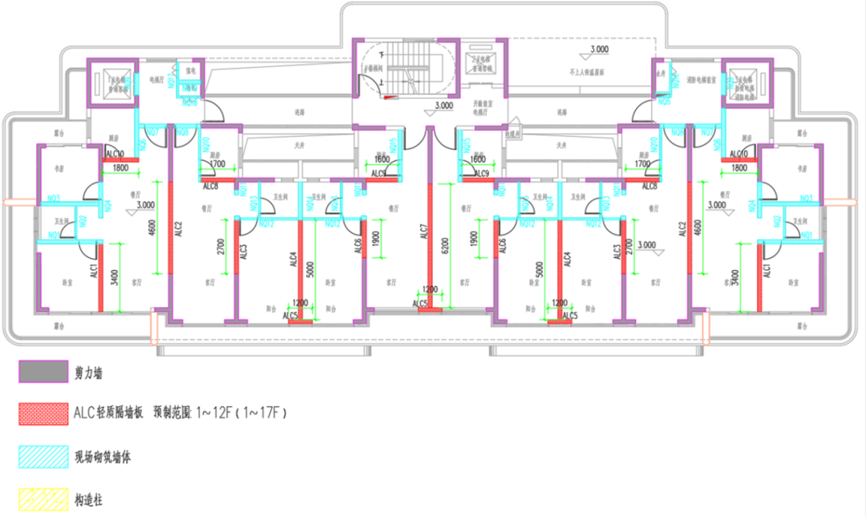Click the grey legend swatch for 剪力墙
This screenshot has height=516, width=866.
(43, 372)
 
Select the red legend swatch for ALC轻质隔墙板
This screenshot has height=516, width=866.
(43, 413)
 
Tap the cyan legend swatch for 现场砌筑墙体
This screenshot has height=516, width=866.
(43, 457)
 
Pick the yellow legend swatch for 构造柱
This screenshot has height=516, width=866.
(43, 500)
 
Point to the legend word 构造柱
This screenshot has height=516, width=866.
(88, 501)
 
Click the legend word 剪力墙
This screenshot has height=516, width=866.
(89, 373)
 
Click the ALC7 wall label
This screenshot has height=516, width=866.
(423, 232)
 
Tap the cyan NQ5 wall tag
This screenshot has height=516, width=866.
(664, 102)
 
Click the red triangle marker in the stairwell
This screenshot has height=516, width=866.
(391, 98)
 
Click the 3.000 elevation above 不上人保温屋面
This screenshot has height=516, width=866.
(599, 50)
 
